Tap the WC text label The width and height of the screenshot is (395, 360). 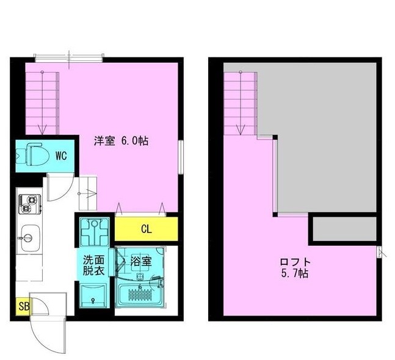point(61,156)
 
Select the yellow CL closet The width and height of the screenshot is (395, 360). point(147,230)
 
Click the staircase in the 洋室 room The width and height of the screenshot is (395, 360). point(43,101)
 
